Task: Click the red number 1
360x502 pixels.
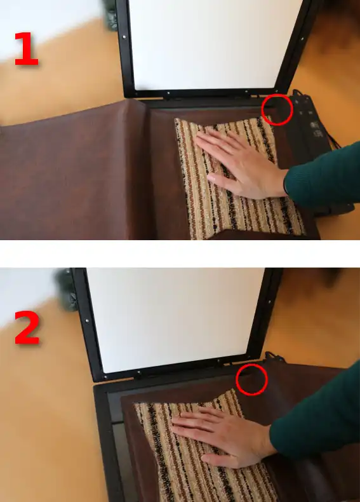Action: (27, 49)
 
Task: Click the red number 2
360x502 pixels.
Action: (27, 328)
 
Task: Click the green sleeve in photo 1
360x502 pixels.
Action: (323, 175)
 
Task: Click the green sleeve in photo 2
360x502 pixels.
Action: (315, 416)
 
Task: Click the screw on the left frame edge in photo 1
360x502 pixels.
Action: (124, 37)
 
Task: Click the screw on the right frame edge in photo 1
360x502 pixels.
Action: (302, 39)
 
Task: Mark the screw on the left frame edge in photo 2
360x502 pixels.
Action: (87, 320)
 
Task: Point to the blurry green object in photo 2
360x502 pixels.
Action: (67, 290)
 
